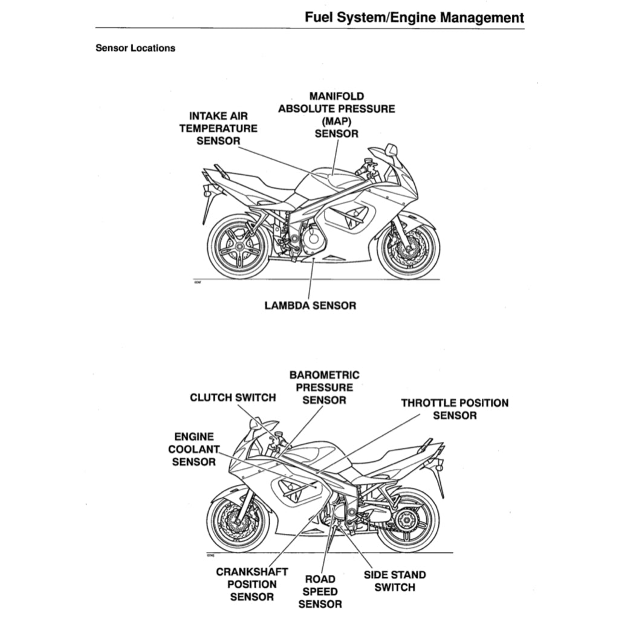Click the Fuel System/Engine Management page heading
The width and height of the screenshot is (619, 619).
(x=414, y=18)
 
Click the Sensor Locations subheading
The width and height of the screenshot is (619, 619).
(x=135, y=48)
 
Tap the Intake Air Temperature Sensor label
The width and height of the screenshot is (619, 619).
(x=218, y=128)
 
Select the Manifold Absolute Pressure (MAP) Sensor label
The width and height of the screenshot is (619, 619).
(x=336, y=115)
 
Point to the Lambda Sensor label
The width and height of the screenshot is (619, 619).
(x=310, y=305)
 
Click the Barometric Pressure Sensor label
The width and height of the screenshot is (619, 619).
(x=324, y=387)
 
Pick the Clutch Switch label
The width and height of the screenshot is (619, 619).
(x=233, y=398)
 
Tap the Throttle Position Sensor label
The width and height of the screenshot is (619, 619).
(x=455, y=409)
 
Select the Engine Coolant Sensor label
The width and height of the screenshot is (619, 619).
(x=193, y=449)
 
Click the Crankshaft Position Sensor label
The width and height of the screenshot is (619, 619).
(x=252, y=584)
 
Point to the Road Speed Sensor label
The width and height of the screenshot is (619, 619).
(x=320, y=592)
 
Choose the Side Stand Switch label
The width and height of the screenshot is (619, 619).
(x=395, y=581)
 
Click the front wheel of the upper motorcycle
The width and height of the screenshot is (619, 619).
(x=408, y=247)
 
